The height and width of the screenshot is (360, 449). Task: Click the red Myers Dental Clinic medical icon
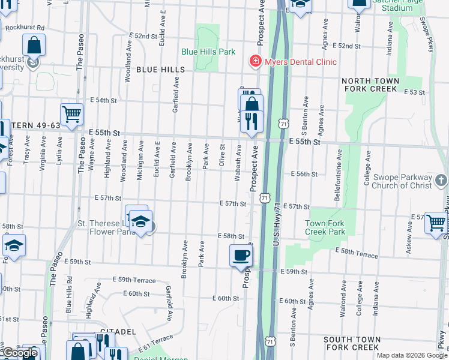pyautogui.click(x=255, y=62)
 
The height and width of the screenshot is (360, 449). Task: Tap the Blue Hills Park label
pyautogui.click(x=209, y=52)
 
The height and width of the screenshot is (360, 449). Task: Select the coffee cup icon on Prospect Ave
pyautogui.click(x=241, y=256)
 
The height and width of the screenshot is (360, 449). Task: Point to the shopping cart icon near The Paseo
pyautogui.click(x=71, y=114)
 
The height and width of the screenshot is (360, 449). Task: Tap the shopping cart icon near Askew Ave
pyautogui.click(x=436, y=223)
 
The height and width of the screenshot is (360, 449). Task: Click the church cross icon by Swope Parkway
pyautogui.click(x=441, y=181)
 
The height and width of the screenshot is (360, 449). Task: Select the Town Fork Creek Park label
pyautogui.click(x=325, y=227)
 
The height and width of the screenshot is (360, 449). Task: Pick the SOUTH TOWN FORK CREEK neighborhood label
pyautogui.click(x=351, y=343)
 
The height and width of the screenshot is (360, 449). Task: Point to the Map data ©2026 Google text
pyautogui.click(x=411, y=355)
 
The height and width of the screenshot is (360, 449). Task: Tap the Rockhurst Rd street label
pyautogui.click(x=25, y=28)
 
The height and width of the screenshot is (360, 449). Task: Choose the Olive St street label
pyautogui.click(x=222, y=155)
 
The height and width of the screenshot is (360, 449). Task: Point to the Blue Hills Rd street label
pyautogui.click(x=69, y=294)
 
